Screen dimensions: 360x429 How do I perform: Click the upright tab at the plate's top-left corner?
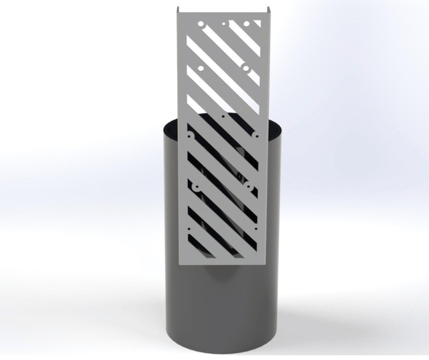[x=178, y=10]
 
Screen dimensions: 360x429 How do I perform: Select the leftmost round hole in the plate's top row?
[x=201, y=24]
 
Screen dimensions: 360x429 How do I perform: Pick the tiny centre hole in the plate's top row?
[x=224, y=23]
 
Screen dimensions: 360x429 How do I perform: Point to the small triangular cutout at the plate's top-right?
[x=256, y=23]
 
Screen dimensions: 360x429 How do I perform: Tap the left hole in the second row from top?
[x=201, y=68]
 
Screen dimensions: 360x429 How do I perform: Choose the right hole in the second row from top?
[x=246, y=68]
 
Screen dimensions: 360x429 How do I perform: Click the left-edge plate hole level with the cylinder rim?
[x=191, y=136]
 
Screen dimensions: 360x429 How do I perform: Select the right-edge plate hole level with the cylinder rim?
[x=255, y=136]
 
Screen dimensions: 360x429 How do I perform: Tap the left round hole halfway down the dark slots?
[x=197, y=186]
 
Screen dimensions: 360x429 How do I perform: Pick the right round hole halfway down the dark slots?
[x=249, y=186]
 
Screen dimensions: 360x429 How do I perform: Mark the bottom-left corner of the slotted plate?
[x=180, y=265]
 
